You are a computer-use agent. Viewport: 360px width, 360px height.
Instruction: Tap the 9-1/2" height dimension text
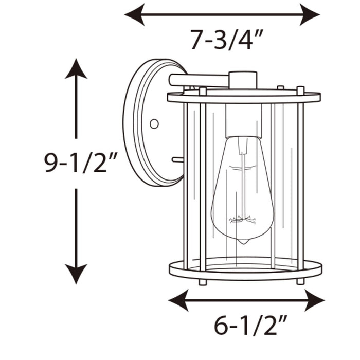click(x=78, y=163)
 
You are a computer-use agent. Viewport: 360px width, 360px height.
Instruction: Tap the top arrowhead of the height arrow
click(x=76, y=68)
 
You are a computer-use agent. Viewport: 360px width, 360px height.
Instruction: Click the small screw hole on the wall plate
click(x=154, y=123)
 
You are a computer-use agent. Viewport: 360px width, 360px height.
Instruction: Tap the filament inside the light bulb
click(x=242, y=219)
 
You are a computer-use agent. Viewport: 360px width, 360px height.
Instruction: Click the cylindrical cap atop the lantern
click(x=243, y=80)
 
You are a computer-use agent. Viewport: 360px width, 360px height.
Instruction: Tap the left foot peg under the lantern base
click(x=203, y=282)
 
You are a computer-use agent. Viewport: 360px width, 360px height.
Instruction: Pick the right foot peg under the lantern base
click(x=300, y=281)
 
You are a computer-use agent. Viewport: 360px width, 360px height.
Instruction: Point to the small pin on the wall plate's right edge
click(x=178, y=160)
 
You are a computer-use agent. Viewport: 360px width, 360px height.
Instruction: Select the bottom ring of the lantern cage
click(x=245, y=270)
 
